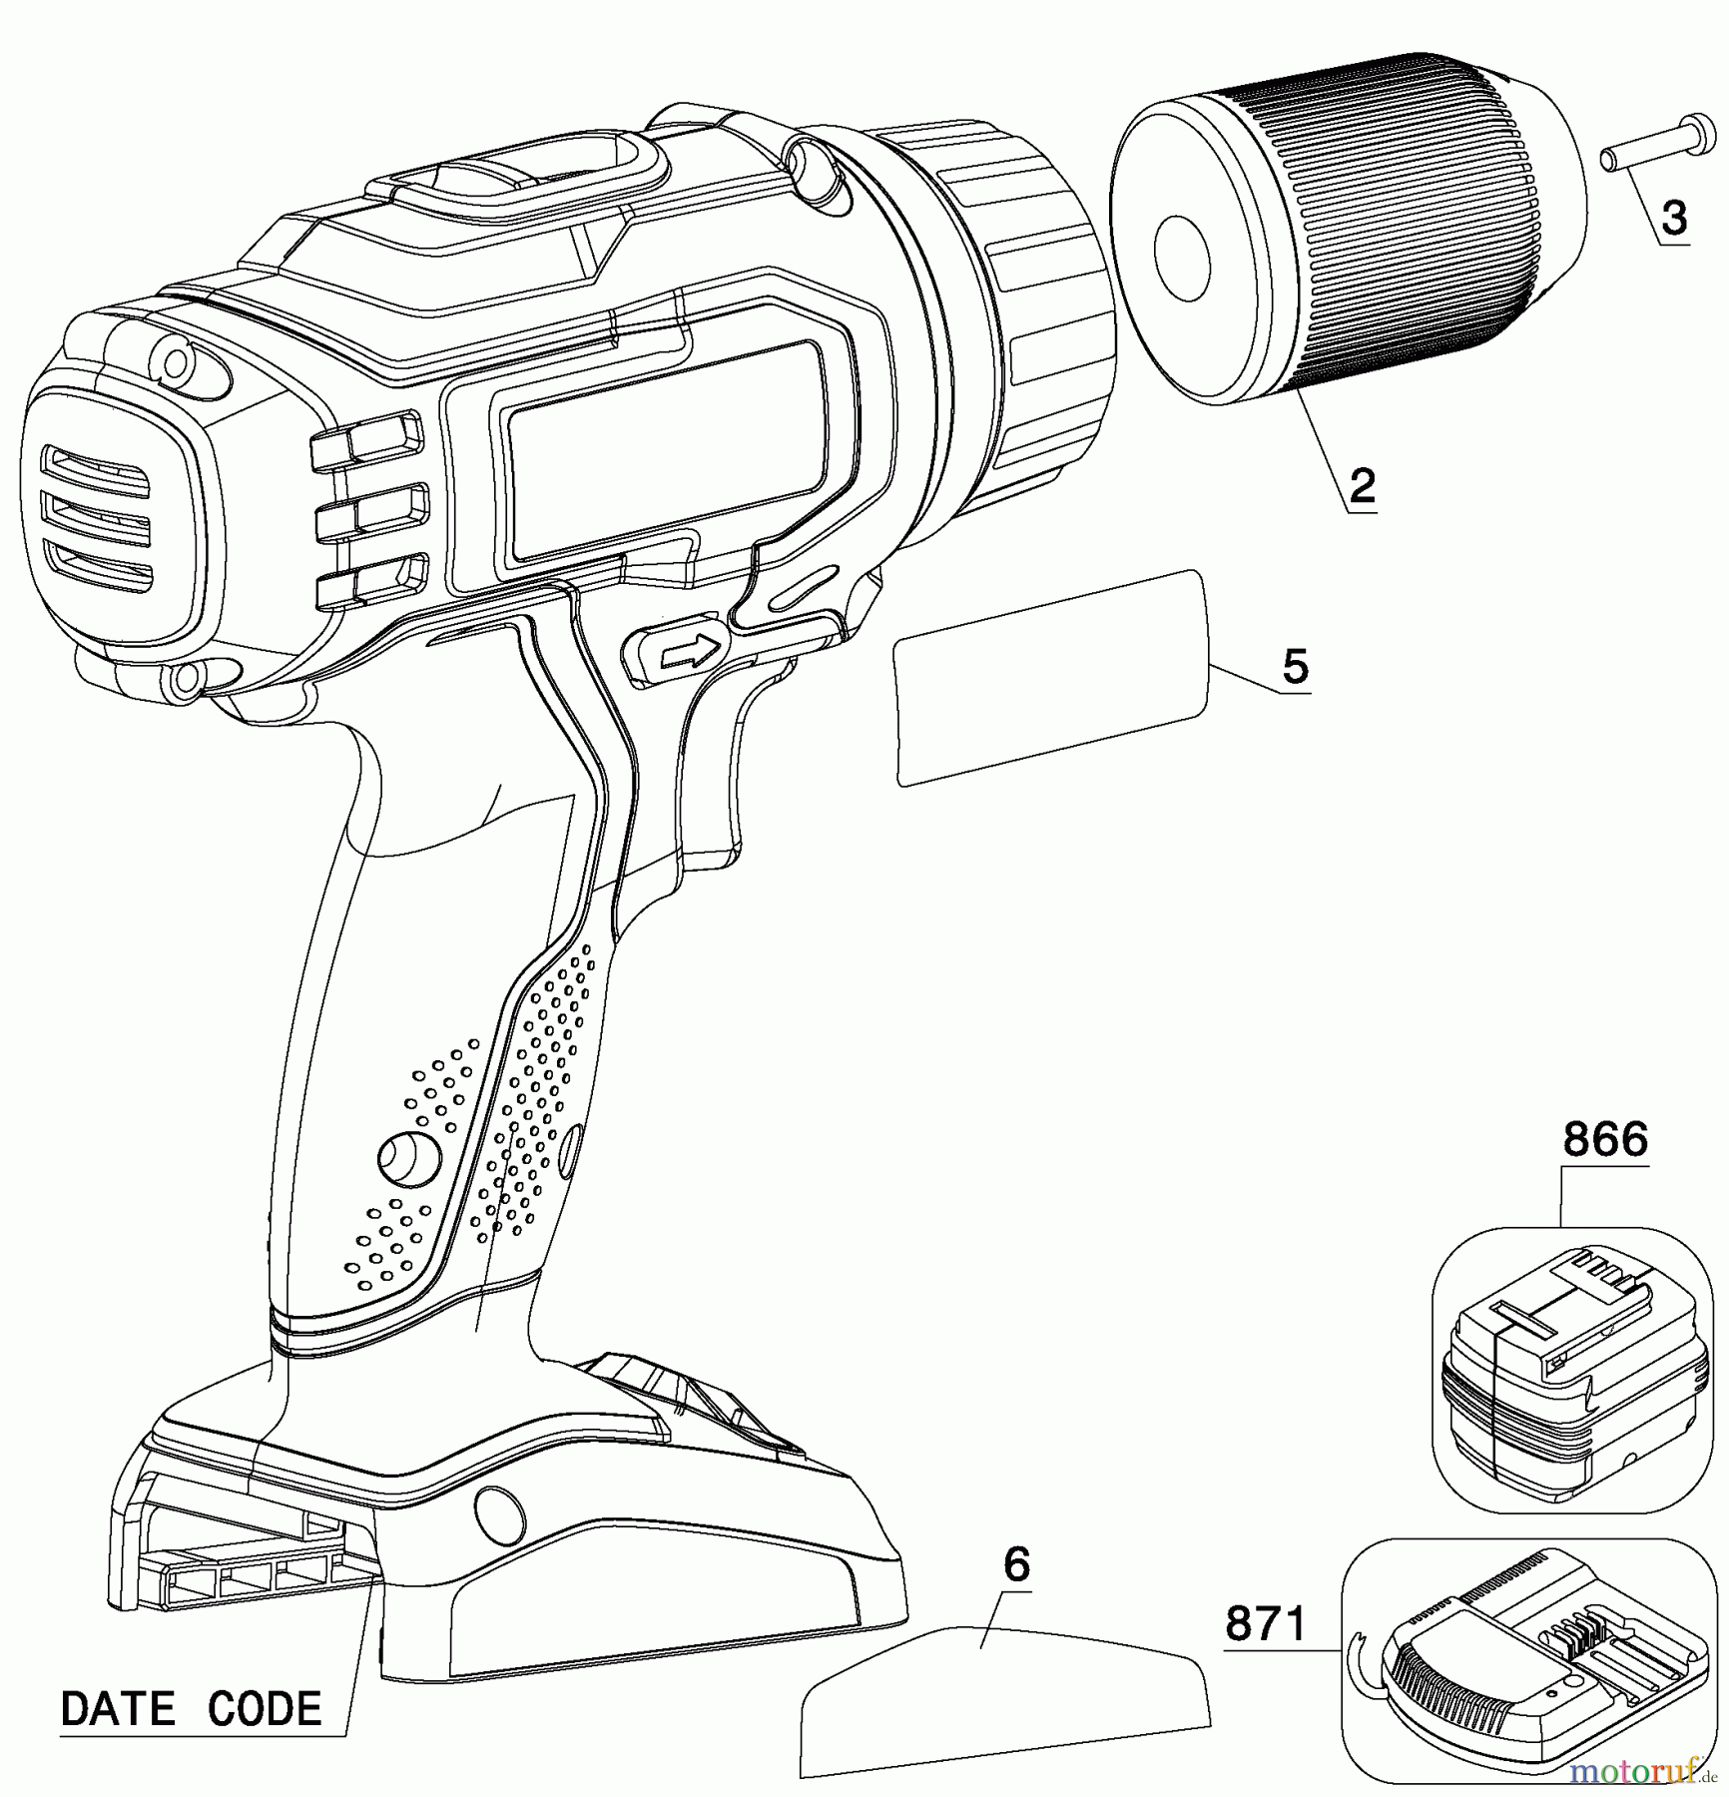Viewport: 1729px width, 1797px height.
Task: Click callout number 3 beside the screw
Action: [1673, 218]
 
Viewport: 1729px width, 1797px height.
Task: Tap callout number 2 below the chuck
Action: [1362, 486]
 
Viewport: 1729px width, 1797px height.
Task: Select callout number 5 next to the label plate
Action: [1295, 666]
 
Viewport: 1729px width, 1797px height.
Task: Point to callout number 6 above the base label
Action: [1015, 1564]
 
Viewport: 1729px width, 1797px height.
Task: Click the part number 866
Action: [1604, 1138]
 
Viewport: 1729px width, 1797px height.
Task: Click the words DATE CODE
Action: [192, 1708]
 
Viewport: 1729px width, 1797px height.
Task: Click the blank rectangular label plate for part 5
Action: [1050, 678]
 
